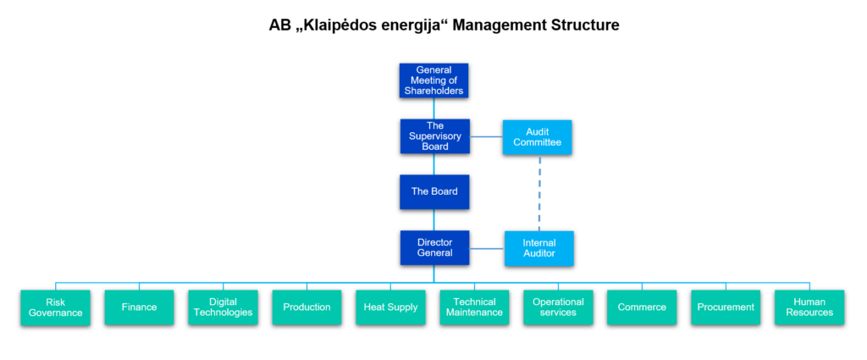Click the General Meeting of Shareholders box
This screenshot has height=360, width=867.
(434, 80)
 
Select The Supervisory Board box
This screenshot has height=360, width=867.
(434, 136)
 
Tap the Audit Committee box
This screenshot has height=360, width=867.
(537, 136)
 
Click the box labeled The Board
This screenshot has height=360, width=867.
(434, 192)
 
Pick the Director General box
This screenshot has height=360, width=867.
(434, 247)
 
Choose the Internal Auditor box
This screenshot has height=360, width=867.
(539, 248)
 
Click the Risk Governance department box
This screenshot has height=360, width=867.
(55, 307)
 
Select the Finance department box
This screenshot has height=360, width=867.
(140, 307)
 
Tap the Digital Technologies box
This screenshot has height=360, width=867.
(223, 307)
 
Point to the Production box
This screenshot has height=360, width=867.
(306, 307)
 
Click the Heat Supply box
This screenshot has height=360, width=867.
(390, 307)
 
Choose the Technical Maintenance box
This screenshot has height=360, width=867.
(474, 307)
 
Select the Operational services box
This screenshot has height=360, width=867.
(558, 307)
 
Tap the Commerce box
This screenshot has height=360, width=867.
(642, 307)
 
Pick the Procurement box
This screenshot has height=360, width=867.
(726, 307)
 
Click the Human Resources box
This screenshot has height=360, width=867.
(809, 307)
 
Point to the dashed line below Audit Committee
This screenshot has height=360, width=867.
(539, 192)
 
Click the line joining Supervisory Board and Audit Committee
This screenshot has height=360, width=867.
(486, 136)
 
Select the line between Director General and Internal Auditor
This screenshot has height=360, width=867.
(487, 248)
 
